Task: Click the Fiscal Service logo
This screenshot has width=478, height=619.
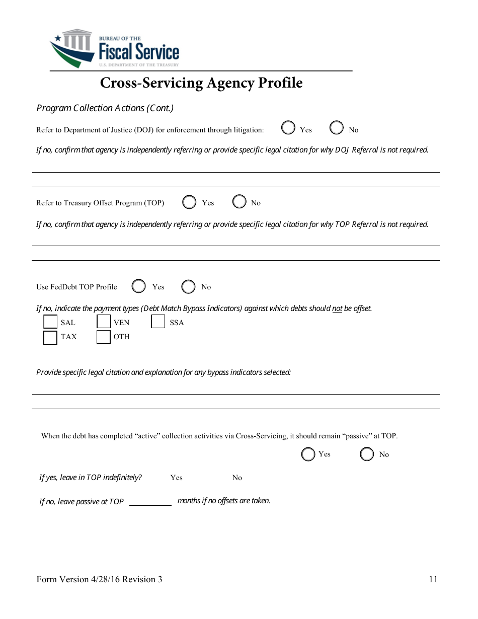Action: tap(114, 49)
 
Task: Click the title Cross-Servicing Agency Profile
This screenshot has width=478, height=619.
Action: tap(201, 83)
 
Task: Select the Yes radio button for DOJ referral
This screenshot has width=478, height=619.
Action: tap(288, 128)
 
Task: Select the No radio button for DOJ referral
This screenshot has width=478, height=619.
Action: tap(337, 128)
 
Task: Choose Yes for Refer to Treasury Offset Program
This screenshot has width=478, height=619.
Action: tap(190, 202)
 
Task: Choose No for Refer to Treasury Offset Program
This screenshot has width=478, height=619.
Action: tap(240, 202)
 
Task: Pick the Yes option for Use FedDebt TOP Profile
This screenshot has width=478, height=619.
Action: tap(139, 286)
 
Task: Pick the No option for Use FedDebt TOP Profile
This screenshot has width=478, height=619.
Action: tap(189, 287)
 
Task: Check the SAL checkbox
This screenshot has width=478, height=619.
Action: tap(50, 322)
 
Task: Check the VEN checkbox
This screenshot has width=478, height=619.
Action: tap(104, 322)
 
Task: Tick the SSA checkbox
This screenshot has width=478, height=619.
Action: tap(158, 322)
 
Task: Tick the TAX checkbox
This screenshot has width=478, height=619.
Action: tap(50, 337)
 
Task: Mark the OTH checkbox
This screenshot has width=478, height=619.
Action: tap(104, 337)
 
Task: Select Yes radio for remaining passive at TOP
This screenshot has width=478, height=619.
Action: tap(308, 454)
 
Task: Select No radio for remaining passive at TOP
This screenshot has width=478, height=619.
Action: tap(367, 454)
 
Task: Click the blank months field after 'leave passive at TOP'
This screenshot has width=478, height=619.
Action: tap(150, 501)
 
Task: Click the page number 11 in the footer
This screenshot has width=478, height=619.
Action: tap(433, 579)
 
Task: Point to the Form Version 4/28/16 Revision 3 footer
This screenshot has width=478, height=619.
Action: tap(99, 579)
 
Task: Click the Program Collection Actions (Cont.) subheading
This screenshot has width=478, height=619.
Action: tap(105, 108)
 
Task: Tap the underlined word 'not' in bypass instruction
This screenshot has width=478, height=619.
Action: tap(337, 308)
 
